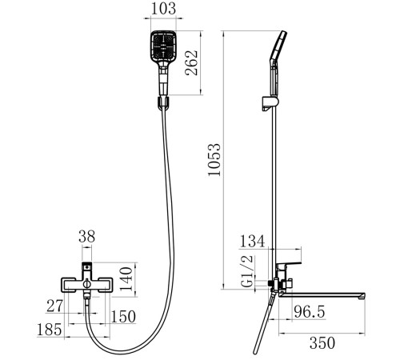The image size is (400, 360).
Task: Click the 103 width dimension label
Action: tap(163, 8)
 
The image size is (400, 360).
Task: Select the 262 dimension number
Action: tap(192, 62)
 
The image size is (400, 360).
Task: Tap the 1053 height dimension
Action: tap(214, 160)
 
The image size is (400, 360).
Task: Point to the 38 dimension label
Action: tap(87, 236)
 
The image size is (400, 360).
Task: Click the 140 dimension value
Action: tap(126, 279)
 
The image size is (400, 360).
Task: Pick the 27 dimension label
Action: tap(54, 306)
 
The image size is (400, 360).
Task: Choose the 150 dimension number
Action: tap(123, 317)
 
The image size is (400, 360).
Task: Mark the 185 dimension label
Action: tap(49, 330)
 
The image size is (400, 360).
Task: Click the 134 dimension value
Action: tap(252, 241)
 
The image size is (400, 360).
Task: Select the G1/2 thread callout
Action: tap(246, 271)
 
